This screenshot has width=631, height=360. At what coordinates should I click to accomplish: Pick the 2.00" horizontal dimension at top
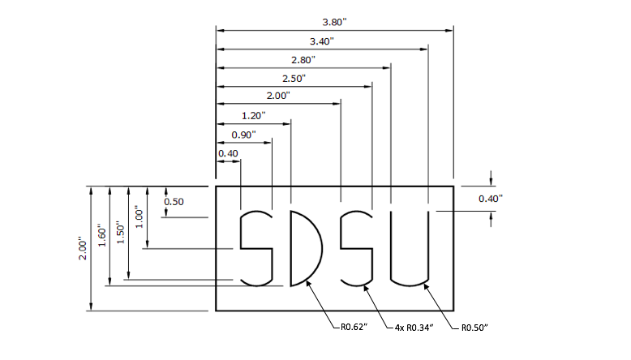click(x=278, y=96)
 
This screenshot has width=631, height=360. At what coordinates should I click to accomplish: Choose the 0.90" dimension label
click(x=243, y=134)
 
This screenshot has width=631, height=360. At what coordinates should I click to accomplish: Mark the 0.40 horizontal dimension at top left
click(x=228, y=153)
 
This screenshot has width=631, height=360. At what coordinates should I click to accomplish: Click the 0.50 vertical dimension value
click(x=174, y=201)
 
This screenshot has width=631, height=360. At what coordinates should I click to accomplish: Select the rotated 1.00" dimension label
click(x=139, y=216)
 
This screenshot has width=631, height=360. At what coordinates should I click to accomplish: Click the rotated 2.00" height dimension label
click(x=81, y=248)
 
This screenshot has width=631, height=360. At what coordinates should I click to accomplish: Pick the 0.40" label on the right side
click(x=491, y=199)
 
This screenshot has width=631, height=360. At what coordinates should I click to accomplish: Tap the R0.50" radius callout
click(x=474, y=328)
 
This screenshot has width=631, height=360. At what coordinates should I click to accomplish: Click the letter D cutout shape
click(x=304, y=248)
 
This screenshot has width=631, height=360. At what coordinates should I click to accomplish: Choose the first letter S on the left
click(x=255, y=248)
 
